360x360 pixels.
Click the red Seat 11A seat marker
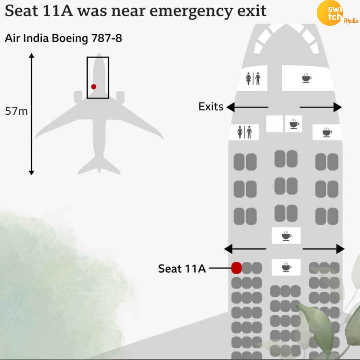[x=236, y=268]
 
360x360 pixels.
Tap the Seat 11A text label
[x=182, y=268]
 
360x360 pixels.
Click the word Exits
[x=211, y=107]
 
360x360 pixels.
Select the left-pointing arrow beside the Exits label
[x=247, y=107]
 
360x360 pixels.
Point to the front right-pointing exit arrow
[x=321, y=107]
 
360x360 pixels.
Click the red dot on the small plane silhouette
[x=93, y=87]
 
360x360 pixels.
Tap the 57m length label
[x=16, y=111]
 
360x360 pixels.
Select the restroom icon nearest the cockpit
[x=253, y=79]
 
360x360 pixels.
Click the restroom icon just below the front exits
[x=245, y=132]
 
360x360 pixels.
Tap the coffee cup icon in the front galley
[x=307, y=78]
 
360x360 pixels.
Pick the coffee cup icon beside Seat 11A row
[x=286, y=267]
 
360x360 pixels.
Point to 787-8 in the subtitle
[x=107, y=38]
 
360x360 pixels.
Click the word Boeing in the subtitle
[x=70, y=38]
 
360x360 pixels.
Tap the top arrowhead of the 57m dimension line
[x=31, y=55]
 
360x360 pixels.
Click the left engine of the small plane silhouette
[x=78, y=97]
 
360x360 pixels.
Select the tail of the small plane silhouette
[x=99, y=165]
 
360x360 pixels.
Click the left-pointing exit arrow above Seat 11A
[x=245, y=249]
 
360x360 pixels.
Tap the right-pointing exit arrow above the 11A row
[x=323, y=249]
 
